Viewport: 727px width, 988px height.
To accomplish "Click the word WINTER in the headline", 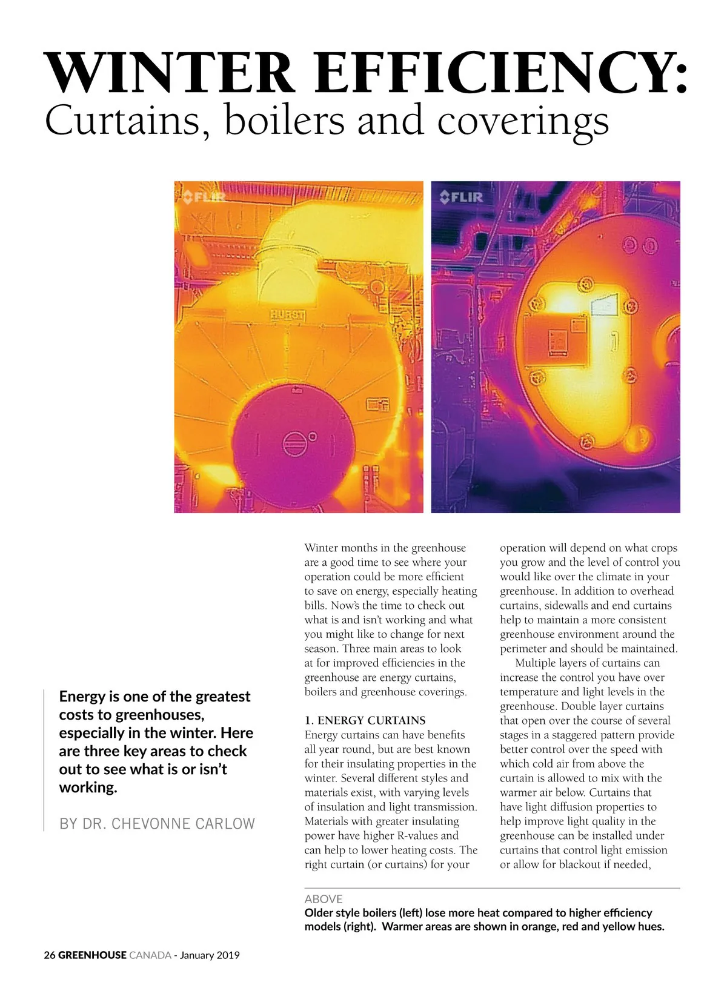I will (170, 73).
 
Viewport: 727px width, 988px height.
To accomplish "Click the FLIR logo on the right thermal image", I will (461, 196).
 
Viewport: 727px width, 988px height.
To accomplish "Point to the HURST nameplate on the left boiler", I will (288, 315).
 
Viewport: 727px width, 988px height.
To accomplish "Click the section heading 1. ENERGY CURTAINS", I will (365, 720).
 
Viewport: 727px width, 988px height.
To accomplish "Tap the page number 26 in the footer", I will (50, 955).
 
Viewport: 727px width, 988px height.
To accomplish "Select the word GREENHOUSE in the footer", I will (92, 955).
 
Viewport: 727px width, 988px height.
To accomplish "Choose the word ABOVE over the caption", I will (324, 899).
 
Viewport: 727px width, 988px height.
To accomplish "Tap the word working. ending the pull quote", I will (88, 787).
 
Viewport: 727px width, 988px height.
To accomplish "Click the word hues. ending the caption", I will (649, 926).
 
